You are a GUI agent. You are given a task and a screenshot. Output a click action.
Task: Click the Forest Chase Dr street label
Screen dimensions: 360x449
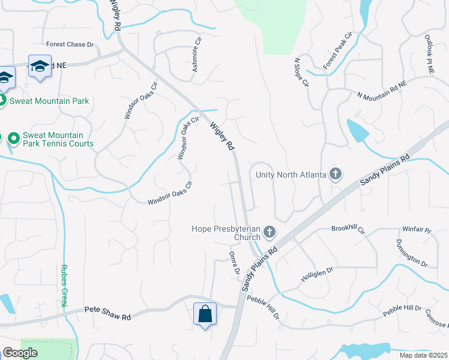71,44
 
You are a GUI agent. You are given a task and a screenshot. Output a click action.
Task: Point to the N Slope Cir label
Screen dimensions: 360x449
301,72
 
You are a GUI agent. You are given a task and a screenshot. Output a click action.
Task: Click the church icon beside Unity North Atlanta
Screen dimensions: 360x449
336,175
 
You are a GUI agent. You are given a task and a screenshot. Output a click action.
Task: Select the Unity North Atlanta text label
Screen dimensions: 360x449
291,175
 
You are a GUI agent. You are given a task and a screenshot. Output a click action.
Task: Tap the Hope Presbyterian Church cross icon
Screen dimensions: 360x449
270,231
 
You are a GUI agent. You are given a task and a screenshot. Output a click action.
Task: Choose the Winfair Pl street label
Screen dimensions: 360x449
417,229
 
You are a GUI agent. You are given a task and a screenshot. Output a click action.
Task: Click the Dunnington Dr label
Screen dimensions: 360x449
411,253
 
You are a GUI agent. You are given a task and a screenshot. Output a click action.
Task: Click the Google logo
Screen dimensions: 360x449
20,353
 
